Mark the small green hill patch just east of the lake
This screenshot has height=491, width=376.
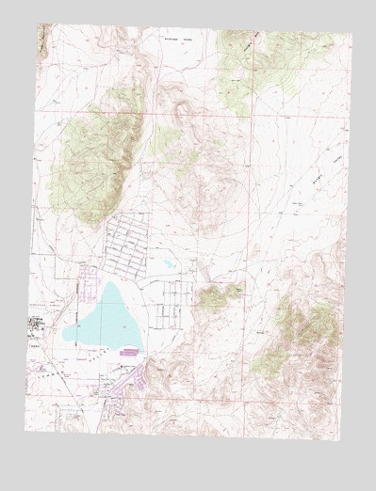pos(219,297)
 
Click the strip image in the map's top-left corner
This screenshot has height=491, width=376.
pos(41,38)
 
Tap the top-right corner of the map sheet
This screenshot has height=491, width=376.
pos(351,36)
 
